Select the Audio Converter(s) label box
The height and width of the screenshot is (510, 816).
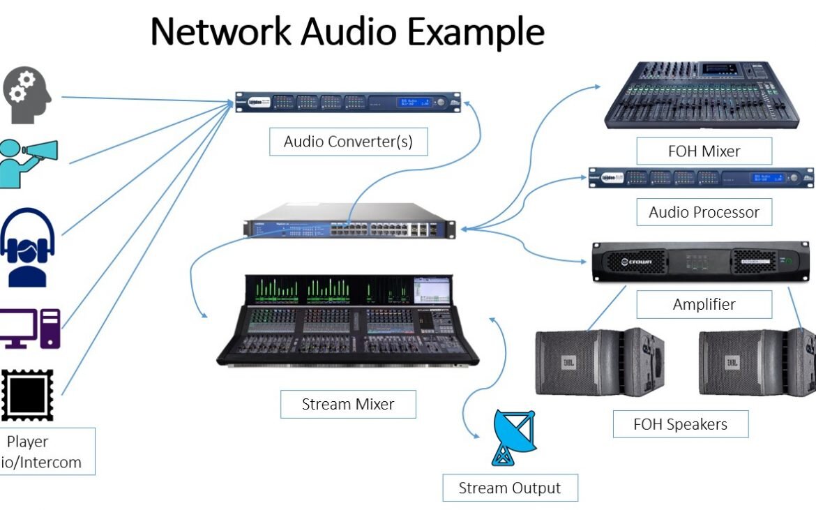348,142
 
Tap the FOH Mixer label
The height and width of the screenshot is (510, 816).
704,151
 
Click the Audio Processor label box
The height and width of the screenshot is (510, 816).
704,212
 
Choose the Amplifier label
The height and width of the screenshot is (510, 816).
704,304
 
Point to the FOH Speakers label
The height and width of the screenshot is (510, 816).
680,423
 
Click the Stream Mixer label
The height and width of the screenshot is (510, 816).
348,404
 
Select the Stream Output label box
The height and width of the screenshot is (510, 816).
510,488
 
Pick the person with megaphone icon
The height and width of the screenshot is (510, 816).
28,163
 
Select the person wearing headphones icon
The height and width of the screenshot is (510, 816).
27,248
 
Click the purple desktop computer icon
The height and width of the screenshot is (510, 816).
29,329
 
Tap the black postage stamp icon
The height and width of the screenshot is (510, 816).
27,394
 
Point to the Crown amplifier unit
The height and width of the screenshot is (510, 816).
701,262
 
